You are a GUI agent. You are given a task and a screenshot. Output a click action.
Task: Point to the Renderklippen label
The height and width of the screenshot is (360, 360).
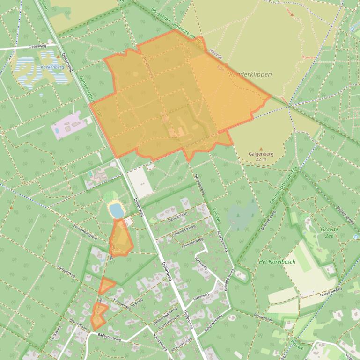[250, 74]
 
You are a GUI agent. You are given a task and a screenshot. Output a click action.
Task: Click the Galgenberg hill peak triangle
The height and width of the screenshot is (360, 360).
[261, 149]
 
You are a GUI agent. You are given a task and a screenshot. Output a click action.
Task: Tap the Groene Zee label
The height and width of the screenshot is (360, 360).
[330, 232]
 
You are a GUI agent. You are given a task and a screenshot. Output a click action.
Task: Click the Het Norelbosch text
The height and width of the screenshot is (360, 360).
[277, 262]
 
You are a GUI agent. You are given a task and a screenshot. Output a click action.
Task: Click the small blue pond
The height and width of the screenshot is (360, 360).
[116, 211]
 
